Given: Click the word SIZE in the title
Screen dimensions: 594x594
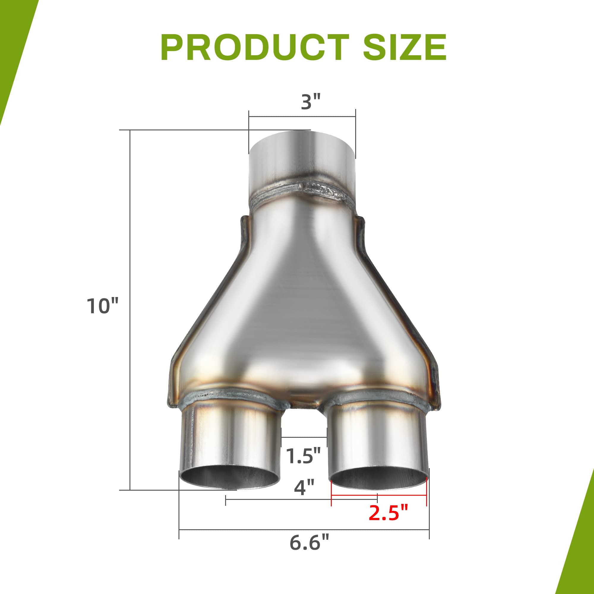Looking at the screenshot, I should coord(405,48).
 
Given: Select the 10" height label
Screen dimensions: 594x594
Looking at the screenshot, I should coord(102,306).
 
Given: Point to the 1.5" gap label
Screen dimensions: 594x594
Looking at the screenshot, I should coord(304,456).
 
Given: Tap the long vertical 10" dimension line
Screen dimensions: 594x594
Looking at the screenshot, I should coord(130,307).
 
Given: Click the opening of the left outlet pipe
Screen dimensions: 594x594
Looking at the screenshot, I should coord(230,480).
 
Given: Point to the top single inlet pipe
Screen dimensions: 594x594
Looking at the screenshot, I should coord(302,160).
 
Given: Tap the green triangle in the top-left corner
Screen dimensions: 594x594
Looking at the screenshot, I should coord(12,46).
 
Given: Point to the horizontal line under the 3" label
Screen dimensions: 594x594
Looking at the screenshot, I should coord(302,116).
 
